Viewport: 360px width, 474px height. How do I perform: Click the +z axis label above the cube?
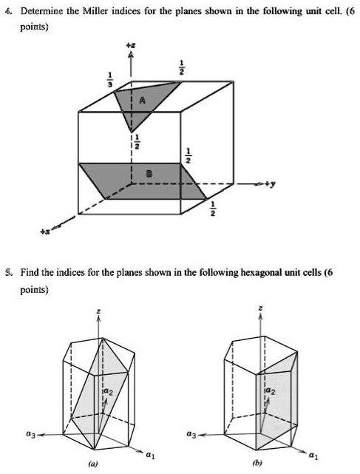coord(132,46)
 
